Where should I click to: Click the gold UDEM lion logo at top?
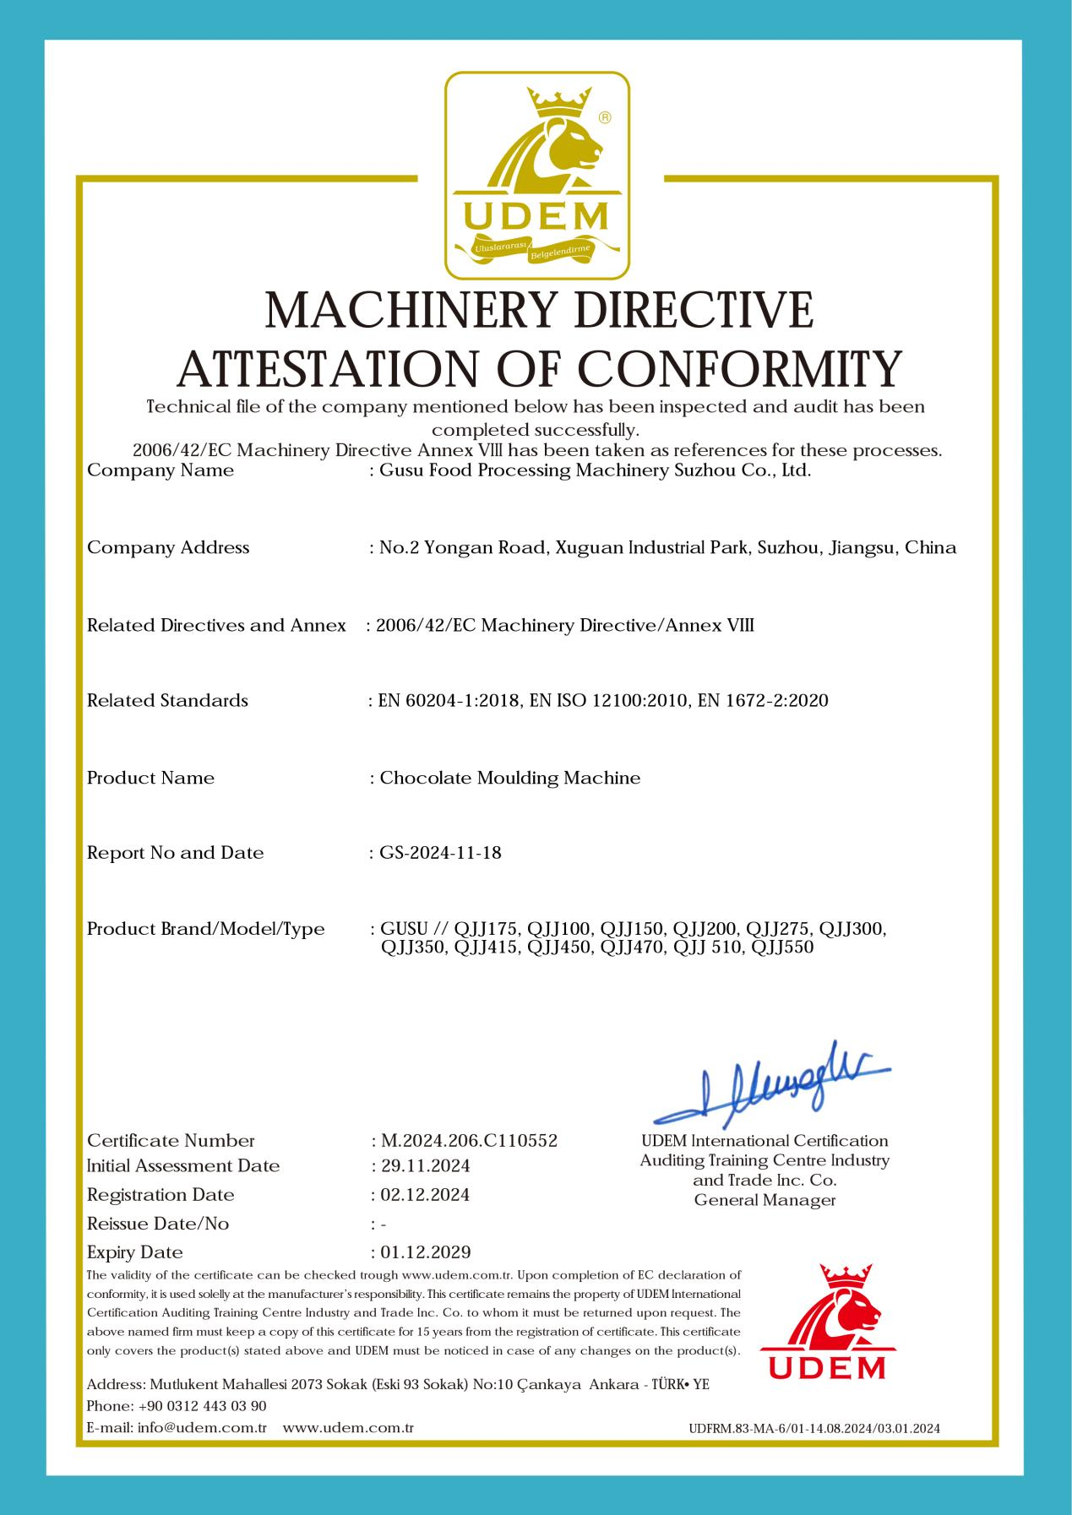click(537, 176)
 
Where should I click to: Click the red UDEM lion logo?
click(822, 1322)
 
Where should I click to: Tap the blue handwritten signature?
click(772, 1086)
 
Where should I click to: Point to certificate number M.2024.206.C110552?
click(469, 1141)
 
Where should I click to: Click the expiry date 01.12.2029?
click(425, 1252)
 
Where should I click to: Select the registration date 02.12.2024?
click(425, 1195)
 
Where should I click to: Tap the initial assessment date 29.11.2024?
click(425, 1166)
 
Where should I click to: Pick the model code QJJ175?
click(487, 929)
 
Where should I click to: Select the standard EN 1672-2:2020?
click(763, 700)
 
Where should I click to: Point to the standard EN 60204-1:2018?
click(449, 700)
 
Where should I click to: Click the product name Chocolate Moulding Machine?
click(510, 778)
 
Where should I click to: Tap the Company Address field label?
click(168, 547)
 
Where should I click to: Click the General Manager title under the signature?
click(765, 1200)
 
